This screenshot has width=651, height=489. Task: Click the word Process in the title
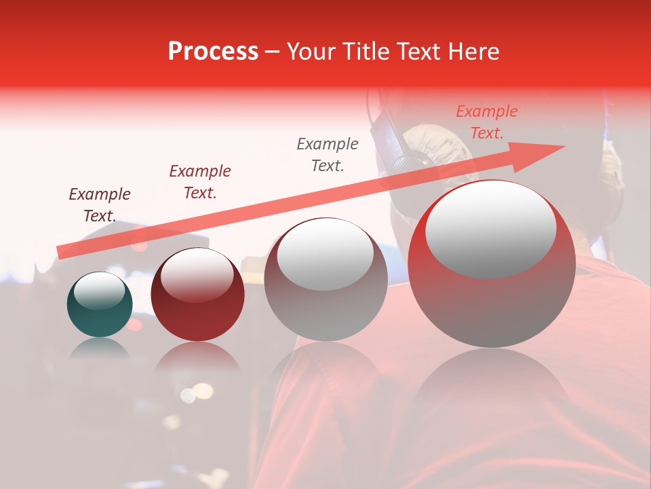pos(213,52)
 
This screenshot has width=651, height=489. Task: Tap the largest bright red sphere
pos(492,306)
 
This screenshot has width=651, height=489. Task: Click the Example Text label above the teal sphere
pos(100,205)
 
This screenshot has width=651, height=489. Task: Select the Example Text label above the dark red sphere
pos(200,182)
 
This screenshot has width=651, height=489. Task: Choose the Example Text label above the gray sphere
pos(328,154)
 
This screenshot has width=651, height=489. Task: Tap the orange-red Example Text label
pos(487,122)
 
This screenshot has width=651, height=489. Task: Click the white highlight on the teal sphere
pos(100,291)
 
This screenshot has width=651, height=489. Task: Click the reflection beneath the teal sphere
pos(100,349)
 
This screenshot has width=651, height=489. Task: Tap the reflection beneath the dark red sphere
pos(197,357)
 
